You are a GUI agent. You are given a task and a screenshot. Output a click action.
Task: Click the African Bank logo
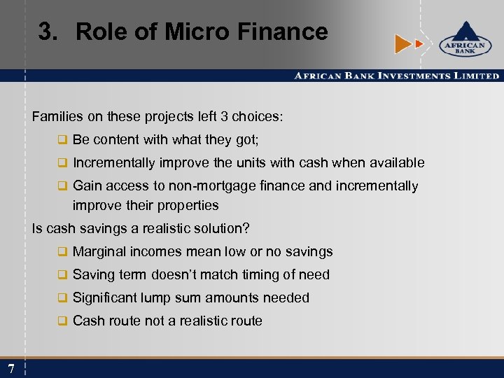[x=461, y=41]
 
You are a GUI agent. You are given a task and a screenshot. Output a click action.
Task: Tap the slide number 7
[x=11, y=369]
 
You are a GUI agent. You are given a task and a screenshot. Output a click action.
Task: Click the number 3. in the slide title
[x=50, y=31]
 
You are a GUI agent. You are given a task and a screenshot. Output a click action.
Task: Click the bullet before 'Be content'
[x=62, y=140]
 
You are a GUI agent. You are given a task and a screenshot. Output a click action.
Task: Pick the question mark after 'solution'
[x=246, y=229]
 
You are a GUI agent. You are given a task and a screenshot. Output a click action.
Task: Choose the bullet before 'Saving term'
[x=62, y=275]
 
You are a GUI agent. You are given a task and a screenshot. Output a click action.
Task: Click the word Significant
[x=105, y=298]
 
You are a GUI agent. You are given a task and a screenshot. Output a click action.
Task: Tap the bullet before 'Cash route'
[x=62, y=321]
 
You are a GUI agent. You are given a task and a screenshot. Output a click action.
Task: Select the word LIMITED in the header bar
[x=475, y=76]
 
